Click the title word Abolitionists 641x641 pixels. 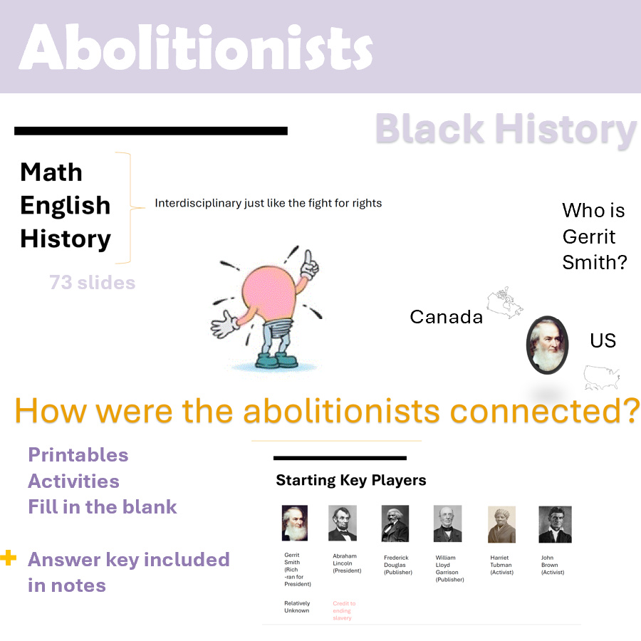(196, 48)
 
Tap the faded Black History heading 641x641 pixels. (506, 130)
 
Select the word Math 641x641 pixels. (51, 172)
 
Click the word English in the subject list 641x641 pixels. (66, 205)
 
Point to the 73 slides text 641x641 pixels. (93, 283)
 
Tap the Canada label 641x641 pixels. (447, 317)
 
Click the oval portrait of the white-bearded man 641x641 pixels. (547, 345)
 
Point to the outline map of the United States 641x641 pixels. (602, 377)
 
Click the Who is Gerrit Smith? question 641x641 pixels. (595, 236)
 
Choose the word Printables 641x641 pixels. (78, 455)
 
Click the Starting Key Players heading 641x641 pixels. (351, 481)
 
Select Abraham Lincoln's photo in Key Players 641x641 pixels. (343, 523)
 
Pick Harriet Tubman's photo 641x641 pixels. (501, 524)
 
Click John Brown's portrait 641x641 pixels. (555, 524)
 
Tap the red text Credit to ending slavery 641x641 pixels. (344, 610)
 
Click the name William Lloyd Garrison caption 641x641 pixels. (449, 568)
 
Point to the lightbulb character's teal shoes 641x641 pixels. (269, 360)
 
